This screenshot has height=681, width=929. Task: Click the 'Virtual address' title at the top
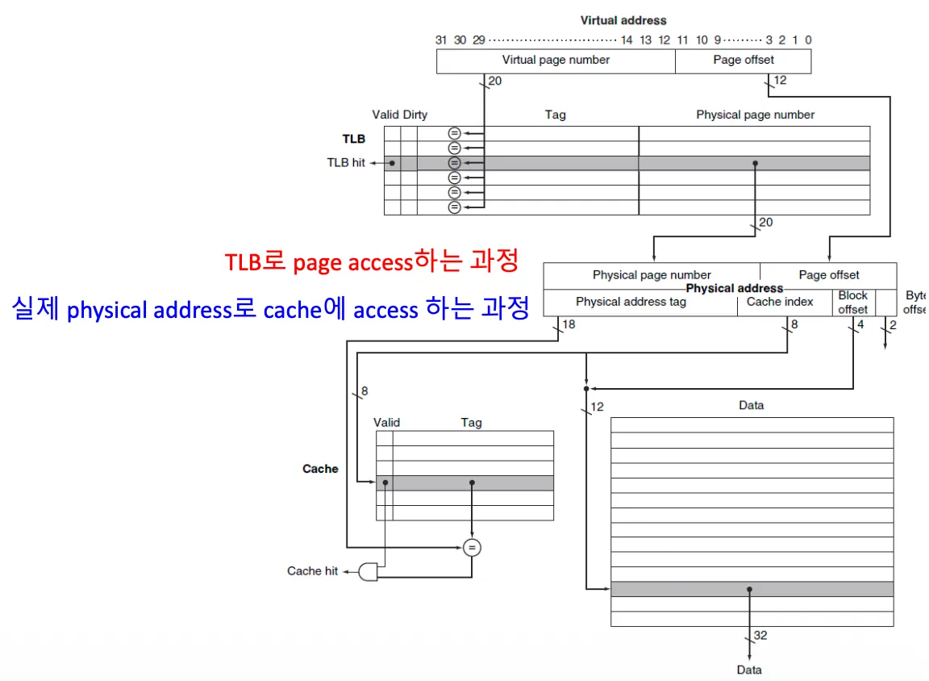[x=623, y=20]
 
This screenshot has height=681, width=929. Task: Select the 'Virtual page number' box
[x=556, y=61]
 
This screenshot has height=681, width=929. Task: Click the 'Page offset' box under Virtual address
[x=743, y=61]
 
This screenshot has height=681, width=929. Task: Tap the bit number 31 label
[x=441, y=40]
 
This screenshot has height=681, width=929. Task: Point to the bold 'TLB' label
[x=353, y=139]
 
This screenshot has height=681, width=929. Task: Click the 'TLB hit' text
[x=346, y=162]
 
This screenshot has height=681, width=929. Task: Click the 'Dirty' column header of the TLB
[x=415, y=115]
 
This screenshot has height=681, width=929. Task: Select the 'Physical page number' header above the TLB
[x=755, y=115]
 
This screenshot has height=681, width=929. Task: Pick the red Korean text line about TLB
[x=371, y=262]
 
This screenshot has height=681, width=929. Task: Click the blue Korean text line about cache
[x=270, y=308]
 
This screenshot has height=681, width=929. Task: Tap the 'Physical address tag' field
[x=631, y=302]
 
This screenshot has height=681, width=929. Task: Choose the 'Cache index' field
[x=780, y=302]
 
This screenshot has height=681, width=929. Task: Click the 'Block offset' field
[x=852, y=303]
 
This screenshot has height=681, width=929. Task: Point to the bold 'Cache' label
[x=320, y=469]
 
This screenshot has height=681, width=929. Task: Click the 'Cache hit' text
[x=312, y=570]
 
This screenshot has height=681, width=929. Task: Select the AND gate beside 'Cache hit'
[x=369, y=571]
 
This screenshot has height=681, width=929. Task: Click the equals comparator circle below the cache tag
[x=472, y=548]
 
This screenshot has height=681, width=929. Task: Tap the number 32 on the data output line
[x=760, y=636]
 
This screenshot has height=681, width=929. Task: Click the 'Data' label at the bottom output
[x=749, y=670]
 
